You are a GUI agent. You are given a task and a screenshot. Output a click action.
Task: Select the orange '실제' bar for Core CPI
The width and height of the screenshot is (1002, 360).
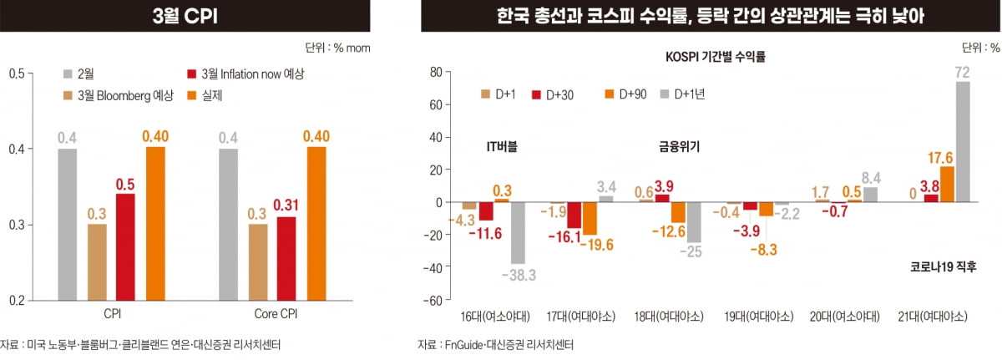pos(316,223)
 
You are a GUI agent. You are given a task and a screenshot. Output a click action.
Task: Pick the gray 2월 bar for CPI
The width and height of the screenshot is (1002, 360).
pos(68,224)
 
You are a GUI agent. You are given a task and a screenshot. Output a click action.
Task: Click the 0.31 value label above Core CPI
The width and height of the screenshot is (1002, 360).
pos(286,205)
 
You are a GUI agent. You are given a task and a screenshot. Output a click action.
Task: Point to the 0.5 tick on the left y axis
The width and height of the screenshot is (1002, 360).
pos(16,74)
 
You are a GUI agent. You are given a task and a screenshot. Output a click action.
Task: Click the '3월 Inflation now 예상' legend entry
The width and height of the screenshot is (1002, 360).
pos(242,74)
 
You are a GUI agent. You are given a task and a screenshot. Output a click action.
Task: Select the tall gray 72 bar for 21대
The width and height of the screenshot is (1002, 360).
pos(962,141)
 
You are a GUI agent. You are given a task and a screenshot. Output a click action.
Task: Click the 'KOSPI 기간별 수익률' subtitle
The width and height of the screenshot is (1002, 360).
pos(715,58)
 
